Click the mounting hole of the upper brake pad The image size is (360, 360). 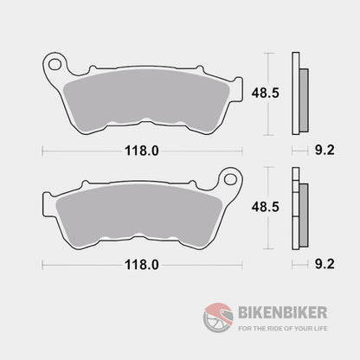tap(55, 64)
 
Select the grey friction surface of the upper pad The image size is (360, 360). tap(142, 91)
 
